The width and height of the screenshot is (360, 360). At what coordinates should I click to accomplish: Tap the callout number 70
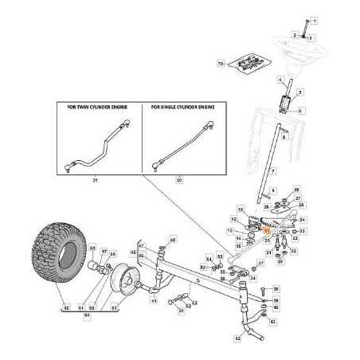(x=220, y=62)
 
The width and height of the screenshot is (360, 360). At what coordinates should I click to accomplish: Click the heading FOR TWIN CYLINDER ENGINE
(x=99, y=106)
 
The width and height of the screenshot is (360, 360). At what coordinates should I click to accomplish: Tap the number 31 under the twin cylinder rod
(x=95, y=181)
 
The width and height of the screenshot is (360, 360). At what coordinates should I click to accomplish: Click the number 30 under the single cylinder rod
(x=178, y=181)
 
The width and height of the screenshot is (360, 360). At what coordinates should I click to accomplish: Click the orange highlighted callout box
(x=268, y=233)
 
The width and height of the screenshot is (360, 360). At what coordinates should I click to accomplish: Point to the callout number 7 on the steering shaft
(x=272, y=171)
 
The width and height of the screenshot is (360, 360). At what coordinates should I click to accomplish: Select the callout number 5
(x=300, y=112)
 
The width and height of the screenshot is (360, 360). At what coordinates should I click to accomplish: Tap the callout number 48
(x=173, y=240)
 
